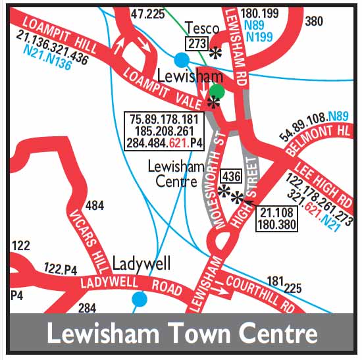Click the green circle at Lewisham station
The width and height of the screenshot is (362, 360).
point(217,92)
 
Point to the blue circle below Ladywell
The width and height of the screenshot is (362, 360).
point(139,299)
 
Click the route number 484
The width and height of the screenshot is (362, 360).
point(95,206)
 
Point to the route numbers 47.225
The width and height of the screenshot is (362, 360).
point(145,13)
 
